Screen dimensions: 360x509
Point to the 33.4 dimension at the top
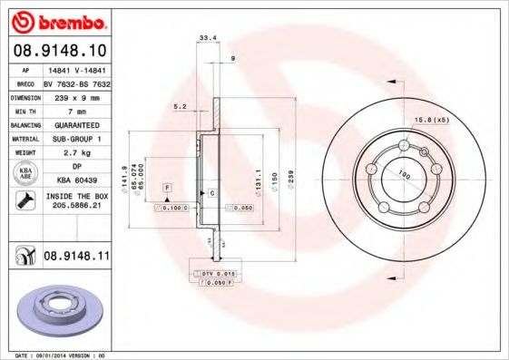click(x=206, y=38)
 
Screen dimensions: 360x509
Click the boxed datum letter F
click(x=167, y=187)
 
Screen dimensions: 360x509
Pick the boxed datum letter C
click(x=211, y=193)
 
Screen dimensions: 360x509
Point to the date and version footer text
click(x=55, y=355)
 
